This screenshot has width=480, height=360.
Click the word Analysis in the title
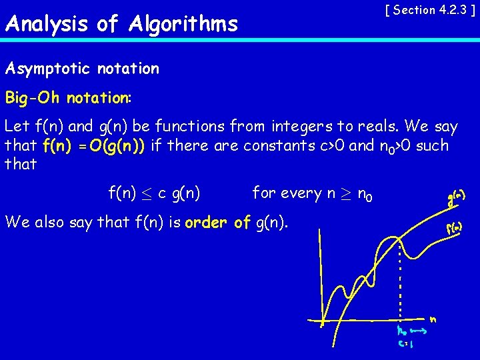45,25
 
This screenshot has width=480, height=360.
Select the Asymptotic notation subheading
82,69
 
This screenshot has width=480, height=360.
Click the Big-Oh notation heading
68,98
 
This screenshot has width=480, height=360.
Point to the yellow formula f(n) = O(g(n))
94,145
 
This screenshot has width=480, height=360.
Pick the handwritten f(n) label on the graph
455,227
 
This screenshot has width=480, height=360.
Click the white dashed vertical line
399,280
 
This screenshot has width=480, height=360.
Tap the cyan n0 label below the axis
401,331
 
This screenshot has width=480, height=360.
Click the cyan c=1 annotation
406,345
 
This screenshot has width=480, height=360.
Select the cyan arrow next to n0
417,329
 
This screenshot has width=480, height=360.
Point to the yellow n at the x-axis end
433,319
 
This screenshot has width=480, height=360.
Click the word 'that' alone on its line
20,164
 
